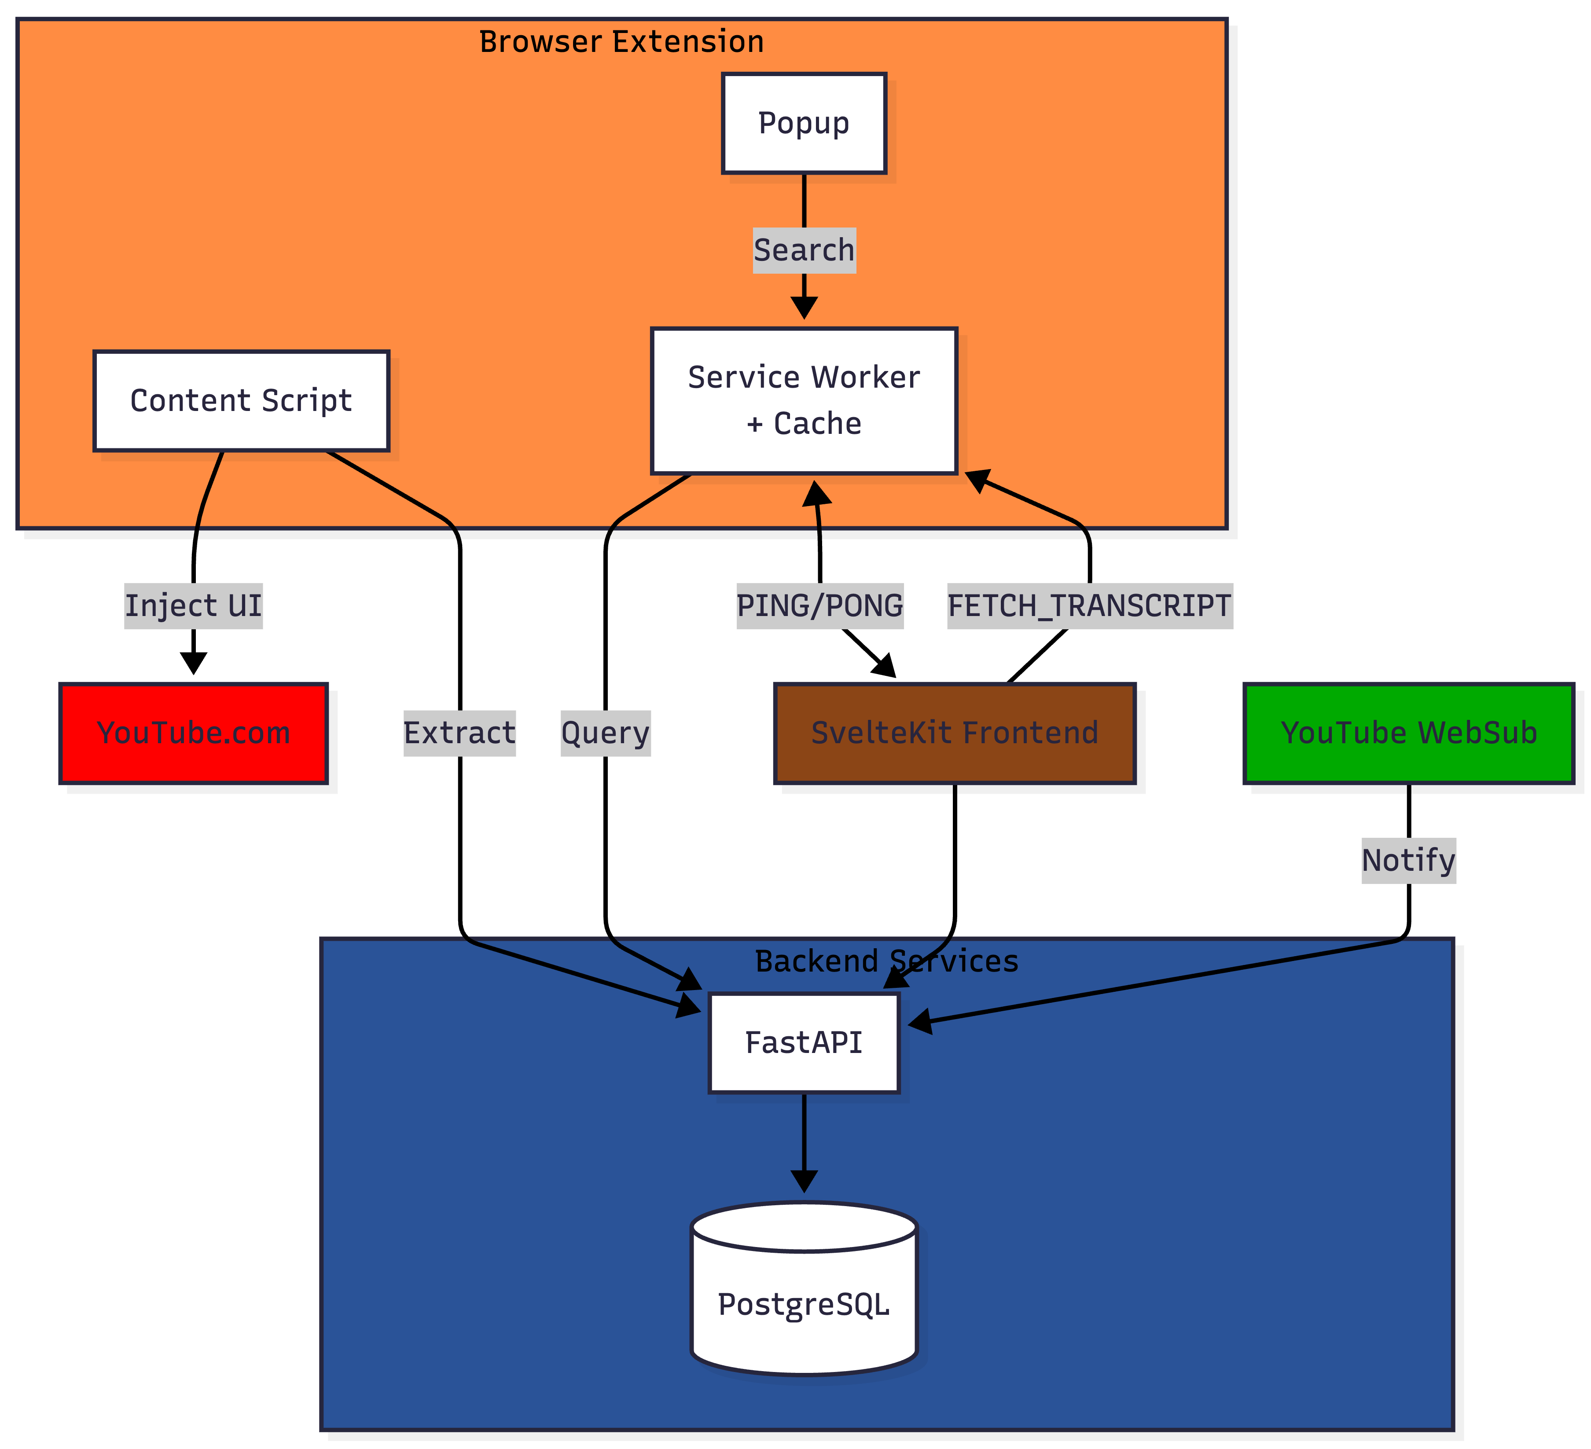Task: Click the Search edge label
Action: pos(803,250)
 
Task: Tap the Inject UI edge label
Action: pos(193,605)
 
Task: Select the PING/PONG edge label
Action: pos(819,605)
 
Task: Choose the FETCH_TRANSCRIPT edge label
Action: pos(1089,605)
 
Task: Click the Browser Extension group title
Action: pos(621,42)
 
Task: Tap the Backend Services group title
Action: pos(886,961)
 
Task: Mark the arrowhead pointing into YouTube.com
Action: pos(193,663)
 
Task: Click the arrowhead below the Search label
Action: pos(803,308)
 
